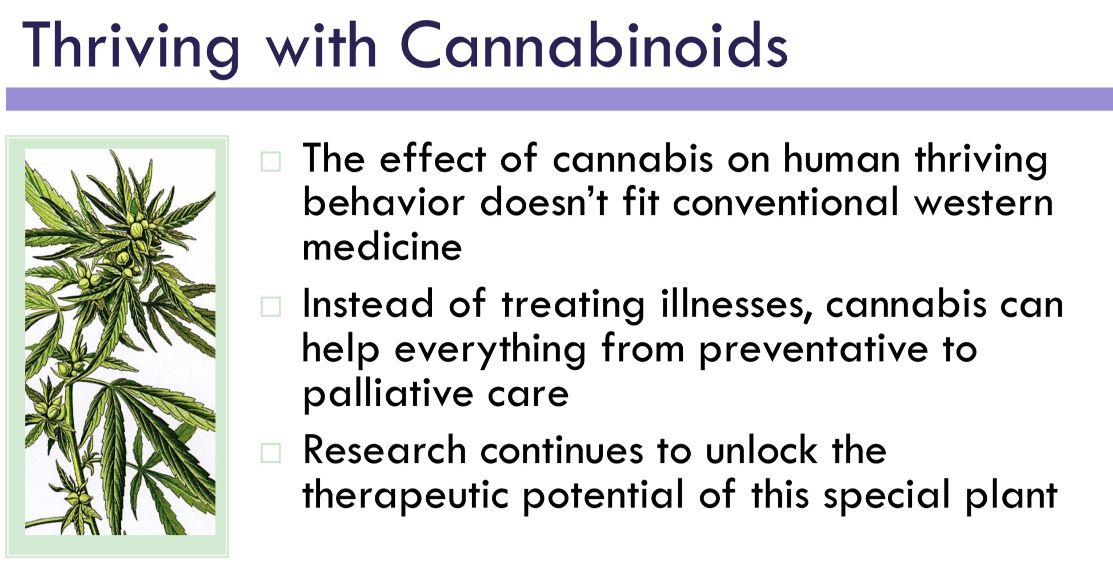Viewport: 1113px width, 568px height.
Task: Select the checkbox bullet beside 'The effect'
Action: point(270,162)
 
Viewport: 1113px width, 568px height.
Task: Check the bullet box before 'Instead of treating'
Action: point(270,307)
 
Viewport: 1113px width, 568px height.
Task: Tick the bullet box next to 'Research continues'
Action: point(270,453)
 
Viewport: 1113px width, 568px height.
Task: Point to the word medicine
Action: point(382,247)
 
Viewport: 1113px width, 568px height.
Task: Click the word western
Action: point(983,203)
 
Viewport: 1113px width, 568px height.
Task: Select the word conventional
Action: point(786,202)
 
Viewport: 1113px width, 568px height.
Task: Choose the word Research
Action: point(385,450)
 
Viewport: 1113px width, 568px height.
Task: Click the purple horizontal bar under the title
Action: point(559,99)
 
